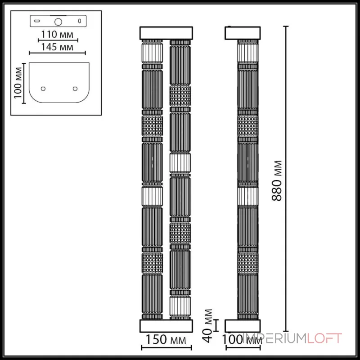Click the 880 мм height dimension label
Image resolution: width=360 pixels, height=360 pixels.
279,180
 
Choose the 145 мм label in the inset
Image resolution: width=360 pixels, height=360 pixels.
56,47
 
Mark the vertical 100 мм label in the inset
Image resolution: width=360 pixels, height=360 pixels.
18,83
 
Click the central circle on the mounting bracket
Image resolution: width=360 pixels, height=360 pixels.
58,21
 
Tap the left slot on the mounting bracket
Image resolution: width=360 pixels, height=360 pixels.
37,21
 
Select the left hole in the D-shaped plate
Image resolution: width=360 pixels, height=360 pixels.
43,88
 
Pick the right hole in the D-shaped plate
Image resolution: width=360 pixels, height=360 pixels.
75,88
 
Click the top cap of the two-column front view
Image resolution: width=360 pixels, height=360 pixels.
166,33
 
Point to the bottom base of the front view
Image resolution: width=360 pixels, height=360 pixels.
166,326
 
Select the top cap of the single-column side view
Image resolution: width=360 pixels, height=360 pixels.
242,33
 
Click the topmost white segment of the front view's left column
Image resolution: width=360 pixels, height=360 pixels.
152,52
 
